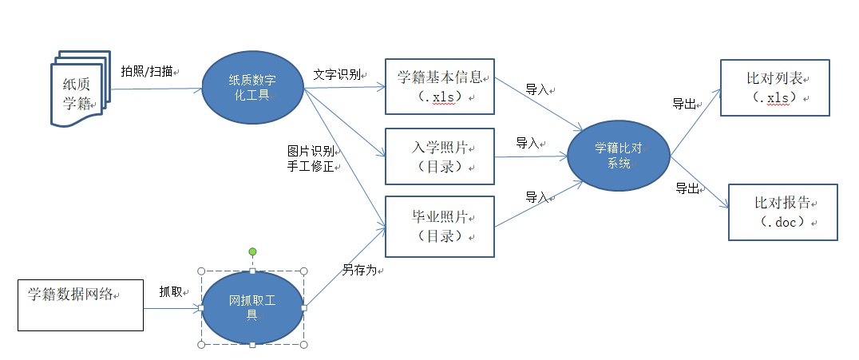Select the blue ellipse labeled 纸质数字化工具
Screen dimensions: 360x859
252,88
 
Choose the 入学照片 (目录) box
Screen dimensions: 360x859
440,156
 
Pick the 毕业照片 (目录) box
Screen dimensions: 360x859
440,225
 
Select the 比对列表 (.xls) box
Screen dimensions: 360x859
774,87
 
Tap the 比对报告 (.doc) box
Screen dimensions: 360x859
782,212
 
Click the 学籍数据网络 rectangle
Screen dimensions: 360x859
81,305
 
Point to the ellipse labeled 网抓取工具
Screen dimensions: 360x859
252,307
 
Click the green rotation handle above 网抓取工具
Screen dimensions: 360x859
252,252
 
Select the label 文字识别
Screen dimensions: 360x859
335,74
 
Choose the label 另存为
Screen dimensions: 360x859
359,271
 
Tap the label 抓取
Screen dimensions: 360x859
170,291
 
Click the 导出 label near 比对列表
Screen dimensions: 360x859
683,103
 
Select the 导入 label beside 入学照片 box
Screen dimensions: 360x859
528,143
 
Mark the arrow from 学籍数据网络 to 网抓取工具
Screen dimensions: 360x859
172,307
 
